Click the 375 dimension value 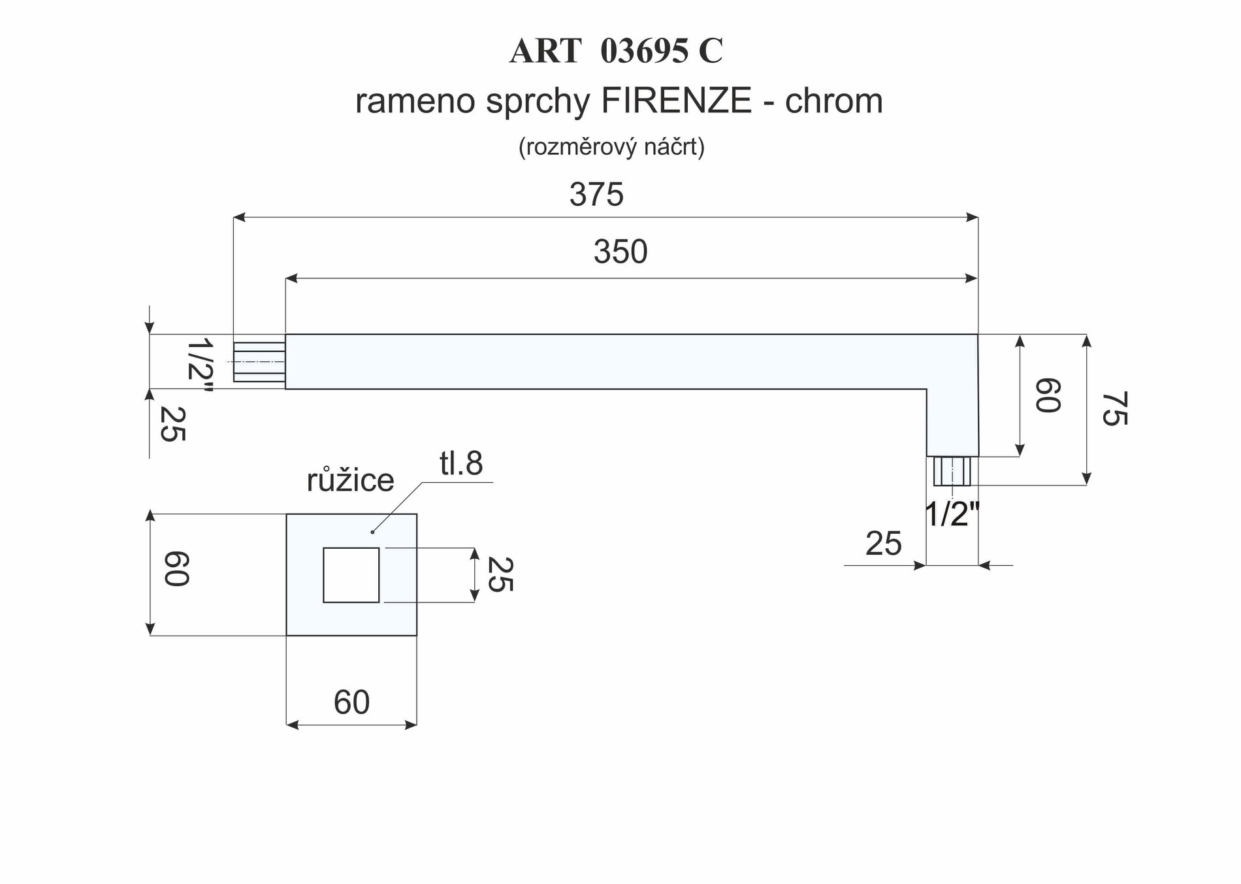596,195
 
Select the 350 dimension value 620,252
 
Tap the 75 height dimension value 1114,408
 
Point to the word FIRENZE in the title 676,101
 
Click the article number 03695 644,52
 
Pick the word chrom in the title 833,101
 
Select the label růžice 350,481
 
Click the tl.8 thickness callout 461,464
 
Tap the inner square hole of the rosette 351,575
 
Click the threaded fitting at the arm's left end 259,361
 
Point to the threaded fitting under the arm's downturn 952,470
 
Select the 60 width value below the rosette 351,702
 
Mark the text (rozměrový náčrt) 611,148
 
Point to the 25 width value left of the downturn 883,544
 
